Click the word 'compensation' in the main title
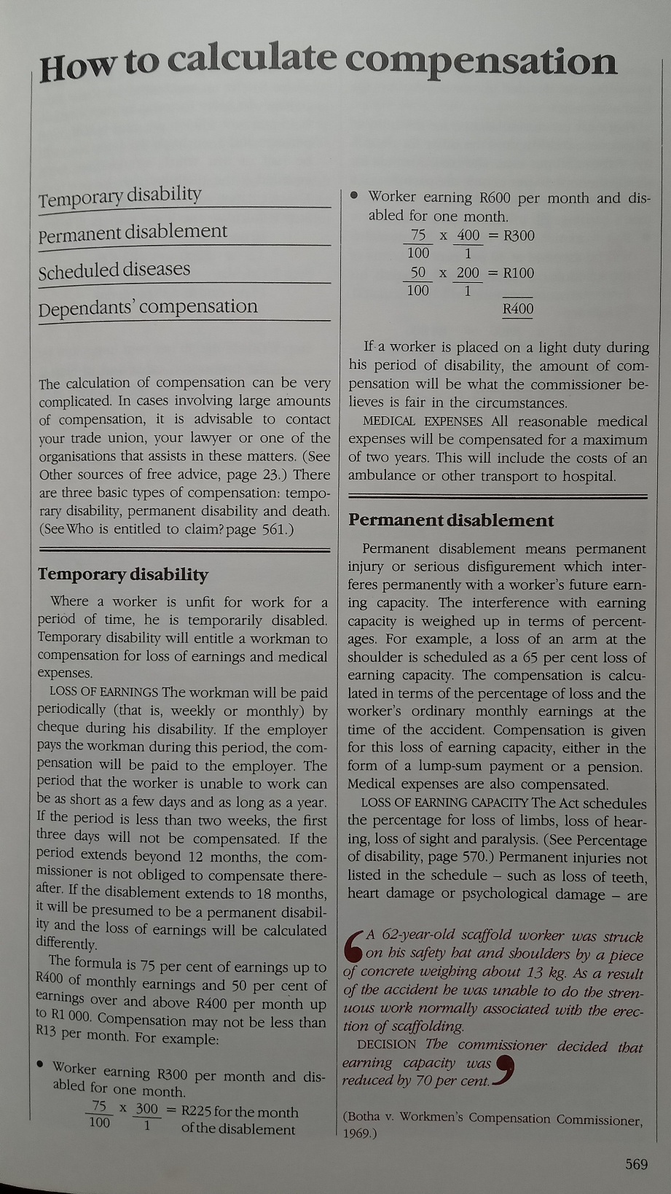[481, 61]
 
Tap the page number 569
[636, 1164]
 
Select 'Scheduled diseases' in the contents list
[114, 271]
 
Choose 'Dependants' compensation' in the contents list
[148, 308]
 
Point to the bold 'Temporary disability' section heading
[123, 574]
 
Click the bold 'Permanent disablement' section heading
[451, 520]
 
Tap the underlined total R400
[518, 309]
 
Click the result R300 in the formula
[519, 235]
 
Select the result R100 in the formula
[519, 273]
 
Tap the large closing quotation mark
[507, 1070]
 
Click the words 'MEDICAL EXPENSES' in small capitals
[423, 421]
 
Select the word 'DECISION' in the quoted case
[387, 1045]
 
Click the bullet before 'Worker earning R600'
[354, 195]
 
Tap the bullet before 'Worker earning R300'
[42, 1064]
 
